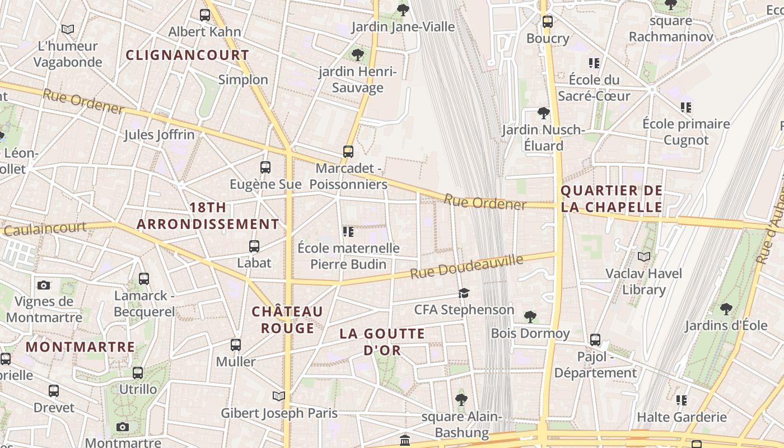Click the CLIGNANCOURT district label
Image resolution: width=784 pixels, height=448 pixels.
click(187, 55)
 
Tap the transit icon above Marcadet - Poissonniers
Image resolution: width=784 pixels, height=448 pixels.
click(348, 151)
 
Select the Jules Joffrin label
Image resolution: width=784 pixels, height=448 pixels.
click(159, 134)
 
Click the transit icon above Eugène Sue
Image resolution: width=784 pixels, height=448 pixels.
click(265, 167)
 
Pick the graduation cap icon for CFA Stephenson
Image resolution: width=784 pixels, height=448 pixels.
click(464, 293)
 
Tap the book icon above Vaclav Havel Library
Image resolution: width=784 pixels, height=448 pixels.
click(644, 256)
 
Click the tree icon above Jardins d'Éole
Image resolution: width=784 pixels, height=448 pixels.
click(726, 308)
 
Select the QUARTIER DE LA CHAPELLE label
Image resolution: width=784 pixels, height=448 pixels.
click(612, 199)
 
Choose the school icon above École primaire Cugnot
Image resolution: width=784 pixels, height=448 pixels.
click(686, 107)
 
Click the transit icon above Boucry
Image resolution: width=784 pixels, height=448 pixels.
click(548, 22)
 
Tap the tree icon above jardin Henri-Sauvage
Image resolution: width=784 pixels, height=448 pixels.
click(358, 55)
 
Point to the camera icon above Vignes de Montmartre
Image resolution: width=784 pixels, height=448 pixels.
click(44, 285)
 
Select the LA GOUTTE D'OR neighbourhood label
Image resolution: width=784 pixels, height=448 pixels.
click(382, 342)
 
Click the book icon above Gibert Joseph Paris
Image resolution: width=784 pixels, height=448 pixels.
click(279, 396)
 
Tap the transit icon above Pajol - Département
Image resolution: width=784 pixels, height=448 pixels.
click(595, 339)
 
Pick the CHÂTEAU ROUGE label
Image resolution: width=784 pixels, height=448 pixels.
click(287, 320)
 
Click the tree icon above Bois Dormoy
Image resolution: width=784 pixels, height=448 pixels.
click(530, 317)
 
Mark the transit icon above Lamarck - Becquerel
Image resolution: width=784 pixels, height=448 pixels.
click(144, 278)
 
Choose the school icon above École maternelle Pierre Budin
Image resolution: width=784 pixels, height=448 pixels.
click(348, 231)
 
